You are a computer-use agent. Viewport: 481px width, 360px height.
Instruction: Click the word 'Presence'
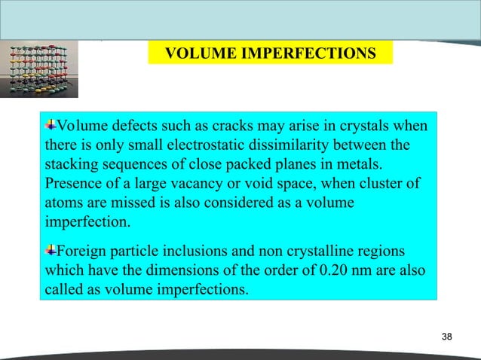73,184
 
